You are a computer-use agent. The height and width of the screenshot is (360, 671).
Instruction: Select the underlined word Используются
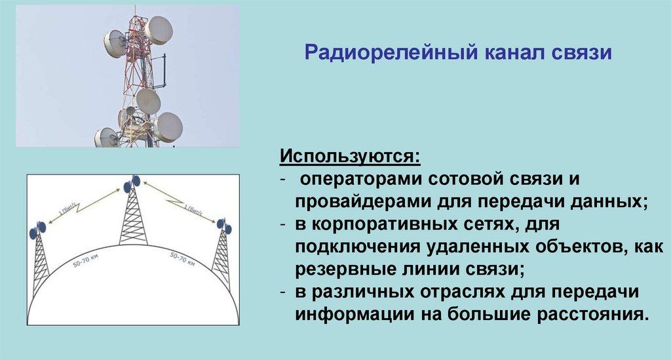pyautogui.click(x=350, y=158)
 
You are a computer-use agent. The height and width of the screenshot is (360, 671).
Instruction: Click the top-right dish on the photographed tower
pyautogui.click(x=159, y=30)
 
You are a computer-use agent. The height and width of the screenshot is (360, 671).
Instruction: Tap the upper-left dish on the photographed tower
pyautogui.click(x=115, y=43)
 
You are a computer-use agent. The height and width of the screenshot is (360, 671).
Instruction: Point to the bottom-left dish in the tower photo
pyautogui.click(x=106, y=137)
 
